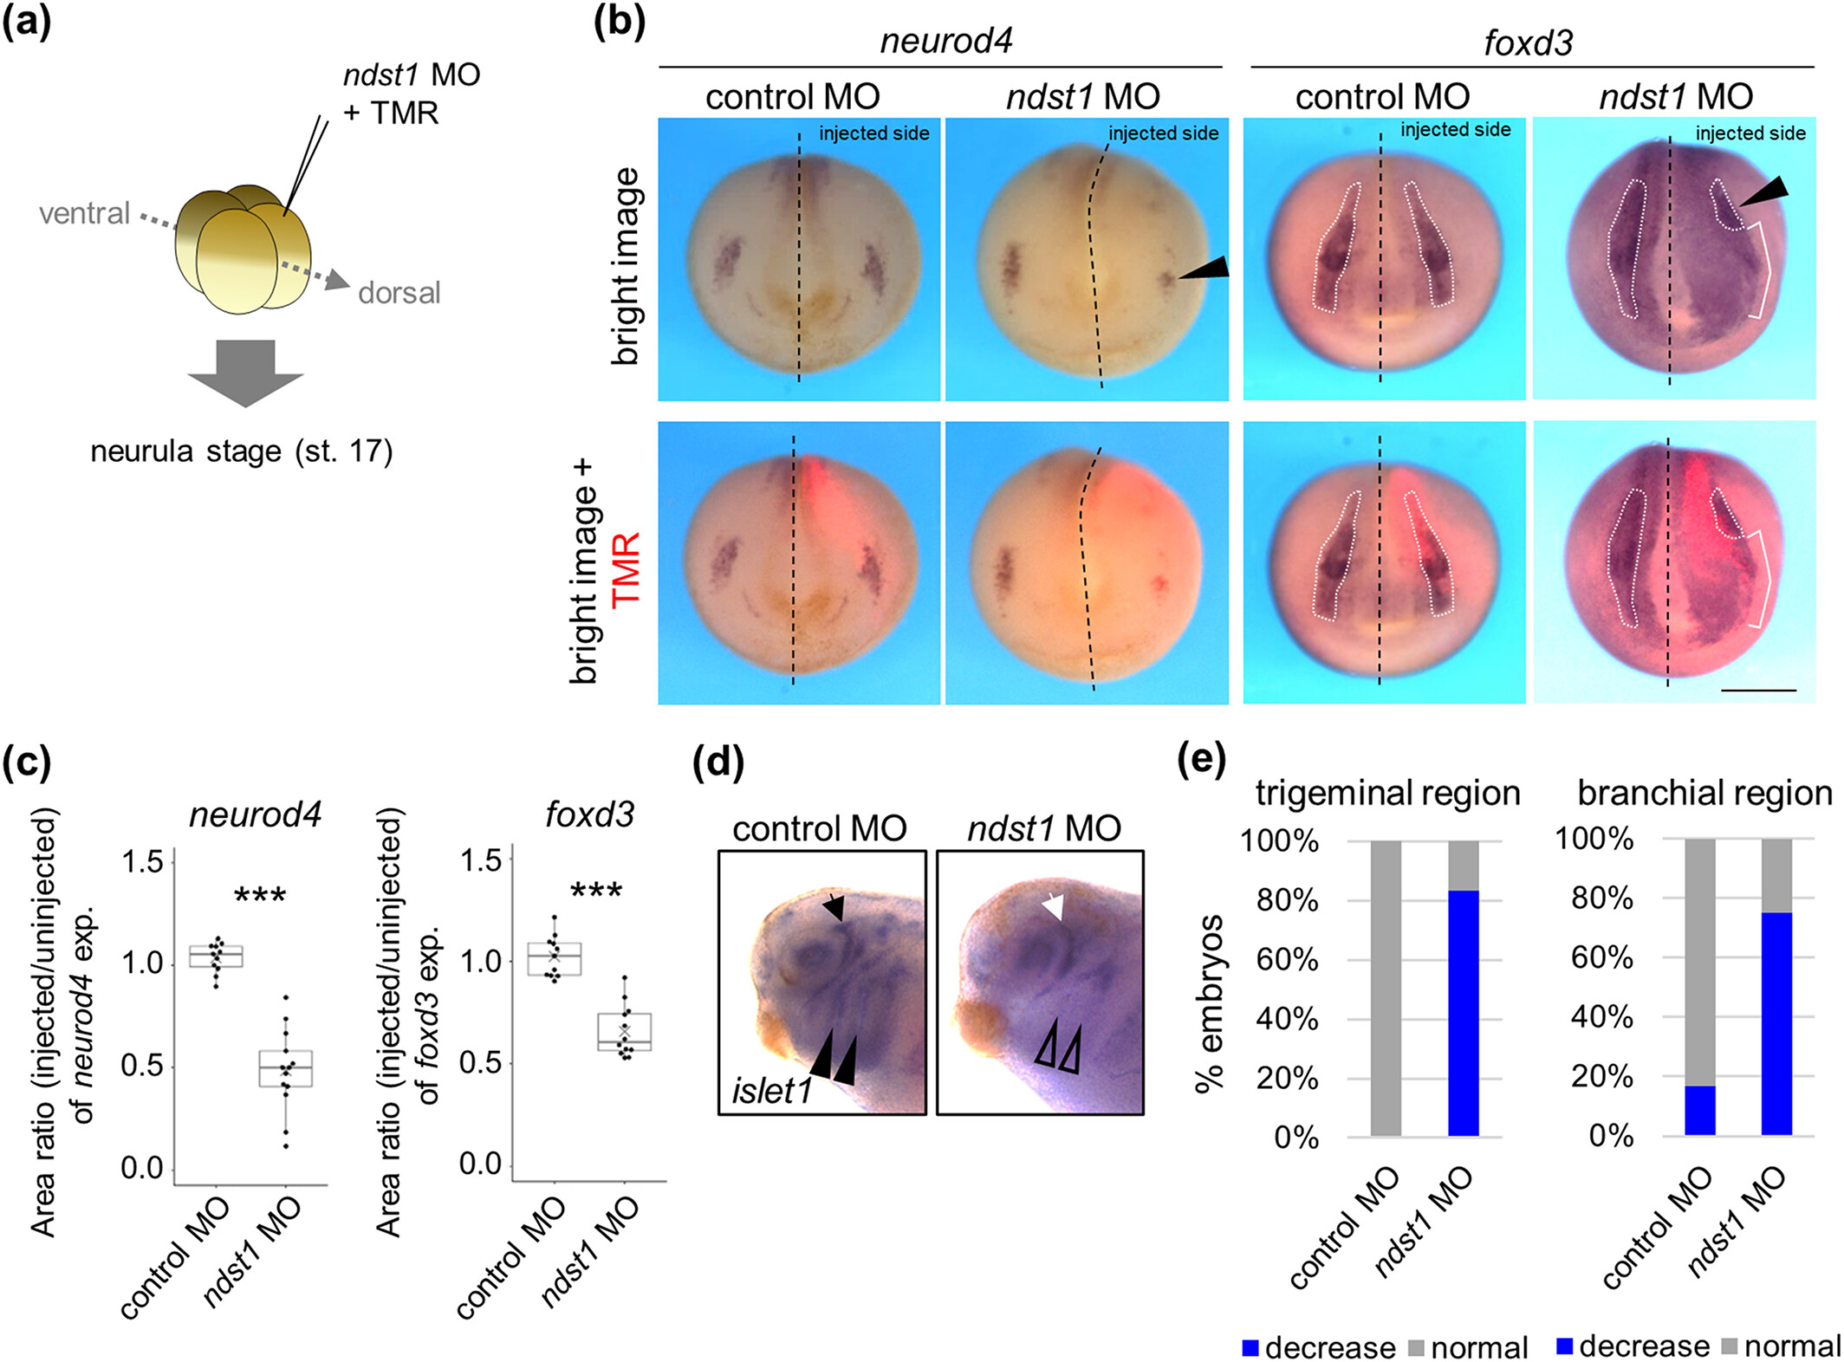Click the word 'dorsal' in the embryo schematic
(399, 293)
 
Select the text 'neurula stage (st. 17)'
(242, 451)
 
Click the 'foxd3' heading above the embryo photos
(1528, 42)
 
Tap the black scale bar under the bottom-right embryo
(1758, 691)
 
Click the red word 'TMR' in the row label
(626, 568)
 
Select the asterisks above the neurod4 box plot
(260, 896)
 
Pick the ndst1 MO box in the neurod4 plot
(286, 1069)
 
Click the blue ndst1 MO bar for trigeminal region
(1464, 1013)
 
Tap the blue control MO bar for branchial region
(1700, 1110)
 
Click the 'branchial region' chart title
(1704, 793)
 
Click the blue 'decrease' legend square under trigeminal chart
(1250, 1347)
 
